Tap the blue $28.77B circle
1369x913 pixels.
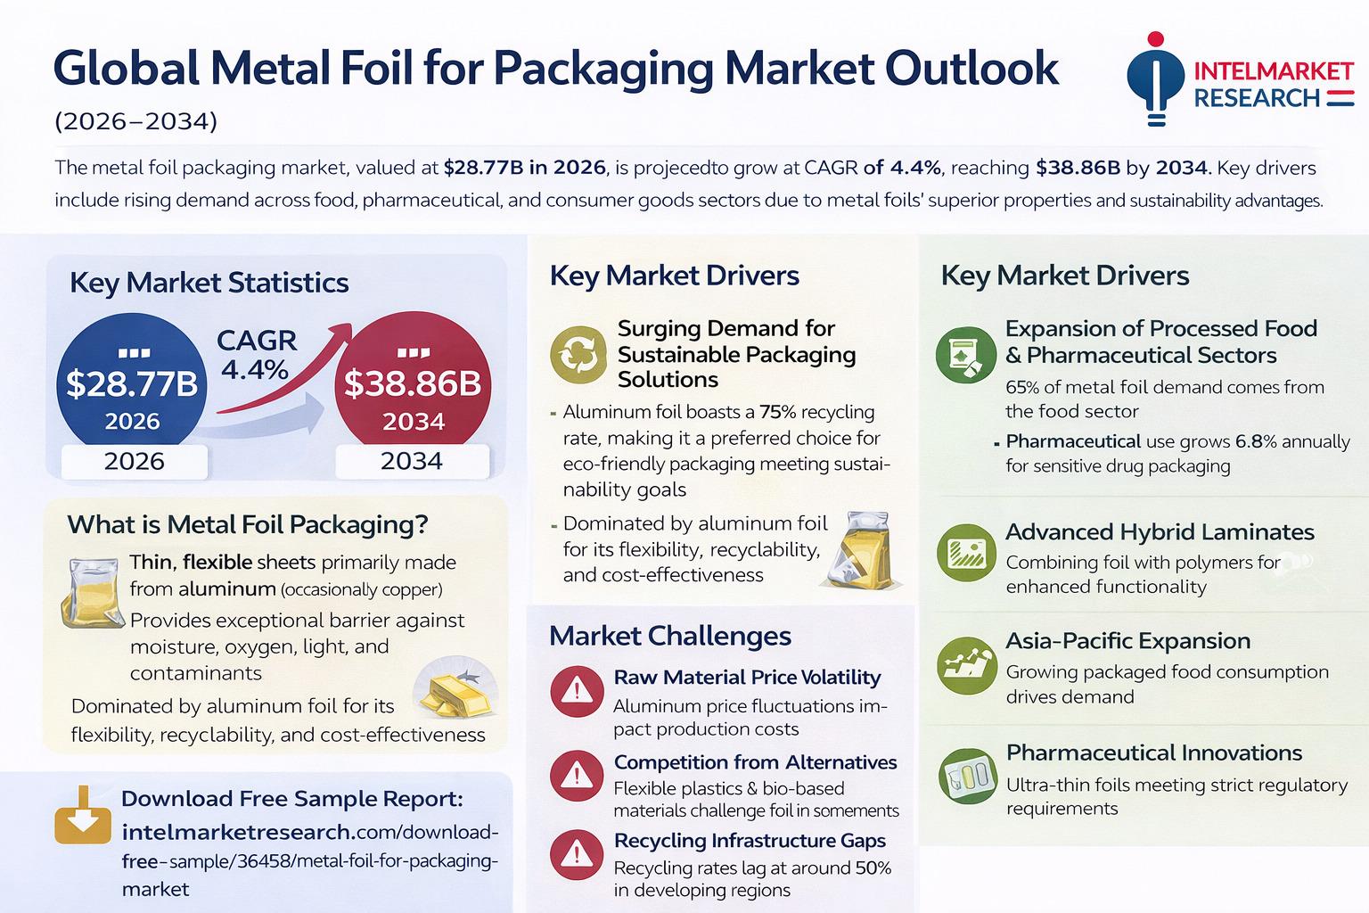click(132, 383)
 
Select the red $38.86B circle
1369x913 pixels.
click(412, 383)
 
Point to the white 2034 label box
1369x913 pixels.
click(412, 461)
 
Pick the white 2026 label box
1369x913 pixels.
click(134, 461)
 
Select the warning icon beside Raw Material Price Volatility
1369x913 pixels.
click(577, 691)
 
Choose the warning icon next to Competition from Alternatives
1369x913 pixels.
click(577, 774)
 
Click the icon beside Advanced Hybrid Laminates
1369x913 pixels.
click(966, 553)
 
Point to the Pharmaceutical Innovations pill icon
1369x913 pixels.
click(966, 777)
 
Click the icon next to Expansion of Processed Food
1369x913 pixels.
click(966, 353)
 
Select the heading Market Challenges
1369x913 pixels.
click(669, 636)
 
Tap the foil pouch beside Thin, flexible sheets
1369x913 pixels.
click(92, 588)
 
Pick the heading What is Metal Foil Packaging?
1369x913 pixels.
click(248, 523)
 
